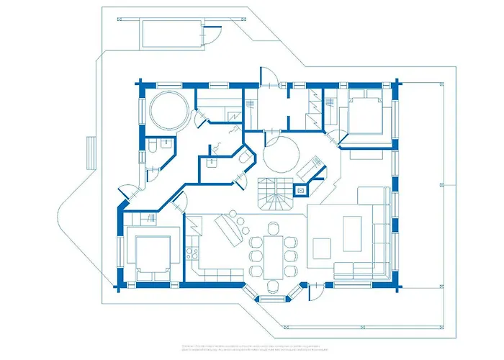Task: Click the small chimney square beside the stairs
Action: (302, 191)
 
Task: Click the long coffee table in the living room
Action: (354, 234)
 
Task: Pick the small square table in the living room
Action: (321, 249)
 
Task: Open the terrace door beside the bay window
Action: (315, 291)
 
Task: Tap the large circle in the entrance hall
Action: (281, 153)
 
